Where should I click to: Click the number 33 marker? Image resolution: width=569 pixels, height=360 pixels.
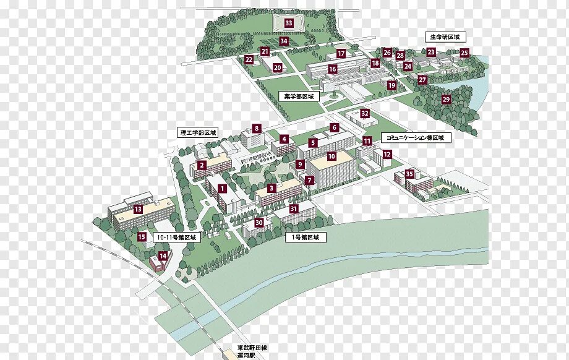[288, 23]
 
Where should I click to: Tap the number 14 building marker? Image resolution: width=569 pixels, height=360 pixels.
[163, 255]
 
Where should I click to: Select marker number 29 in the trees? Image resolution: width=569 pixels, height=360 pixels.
[446, 99]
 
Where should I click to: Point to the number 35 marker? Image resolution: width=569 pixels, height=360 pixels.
[409, 174]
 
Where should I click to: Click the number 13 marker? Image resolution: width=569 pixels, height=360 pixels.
[138, 209]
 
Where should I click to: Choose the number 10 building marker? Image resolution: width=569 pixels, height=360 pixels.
[332, 156]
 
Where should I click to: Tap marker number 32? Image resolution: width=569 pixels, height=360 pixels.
[365, 113]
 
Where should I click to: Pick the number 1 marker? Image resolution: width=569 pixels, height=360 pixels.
[222, 188]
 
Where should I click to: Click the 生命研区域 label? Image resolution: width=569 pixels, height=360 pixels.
[444, 37]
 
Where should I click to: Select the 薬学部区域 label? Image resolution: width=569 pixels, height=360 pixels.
[299, 96]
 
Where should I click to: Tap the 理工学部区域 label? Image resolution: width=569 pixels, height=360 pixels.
[198, 132]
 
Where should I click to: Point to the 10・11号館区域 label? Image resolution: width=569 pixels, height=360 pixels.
[176, 237]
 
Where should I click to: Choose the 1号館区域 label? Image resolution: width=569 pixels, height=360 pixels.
[305, 237]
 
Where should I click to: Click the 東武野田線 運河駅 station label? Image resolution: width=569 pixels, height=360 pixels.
[250, 352]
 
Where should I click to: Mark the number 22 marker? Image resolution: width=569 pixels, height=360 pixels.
[249, 59]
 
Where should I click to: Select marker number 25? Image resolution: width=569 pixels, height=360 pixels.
[464, 53]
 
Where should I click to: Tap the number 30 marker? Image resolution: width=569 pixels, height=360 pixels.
[259, 223]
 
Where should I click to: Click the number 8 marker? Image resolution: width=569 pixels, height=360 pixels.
[256, 129]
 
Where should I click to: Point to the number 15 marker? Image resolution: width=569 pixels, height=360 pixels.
[142, 236]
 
